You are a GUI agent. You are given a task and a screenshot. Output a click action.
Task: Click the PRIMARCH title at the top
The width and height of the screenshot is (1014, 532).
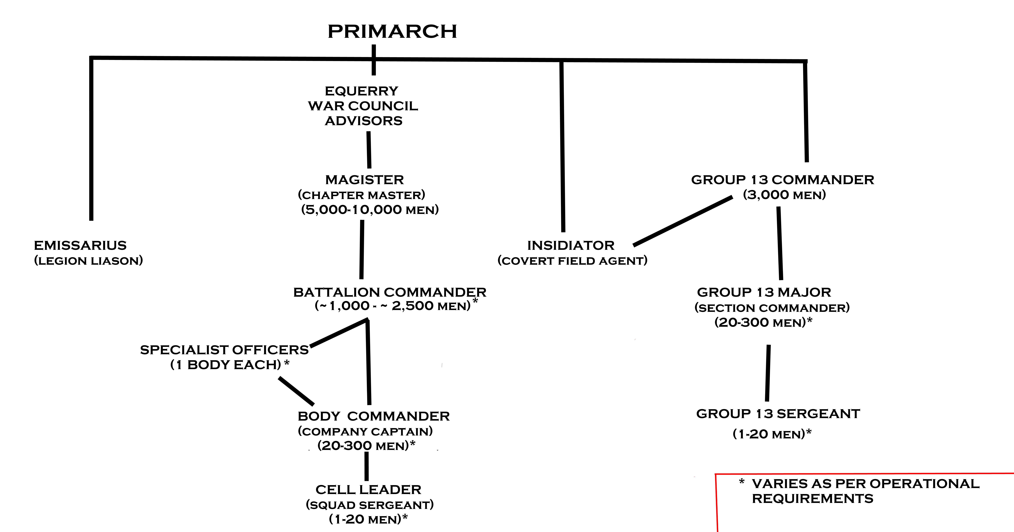tap(392, 31)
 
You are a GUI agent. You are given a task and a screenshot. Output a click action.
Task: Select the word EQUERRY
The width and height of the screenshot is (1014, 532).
tap(361, 91)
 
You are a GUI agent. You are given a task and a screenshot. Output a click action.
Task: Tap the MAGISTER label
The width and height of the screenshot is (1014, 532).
tap(365, 180)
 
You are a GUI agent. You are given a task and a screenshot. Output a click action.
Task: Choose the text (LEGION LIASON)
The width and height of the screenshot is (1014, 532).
tap(89, 261)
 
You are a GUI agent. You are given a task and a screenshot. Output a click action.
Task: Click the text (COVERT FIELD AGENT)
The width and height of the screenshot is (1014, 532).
tap(572, 261)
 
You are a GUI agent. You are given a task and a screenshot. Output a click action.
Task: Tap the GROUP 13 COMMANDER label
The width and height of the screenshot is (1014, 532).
tap(783, 180)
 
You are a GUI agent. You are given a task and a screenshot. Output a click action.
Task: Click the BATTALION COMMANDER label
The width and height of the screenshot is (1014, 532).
tap(390, 292)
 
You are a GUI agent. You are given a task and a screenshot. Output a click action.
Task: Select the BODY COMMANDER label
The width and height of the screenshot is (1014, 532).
tap(374, 416)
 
